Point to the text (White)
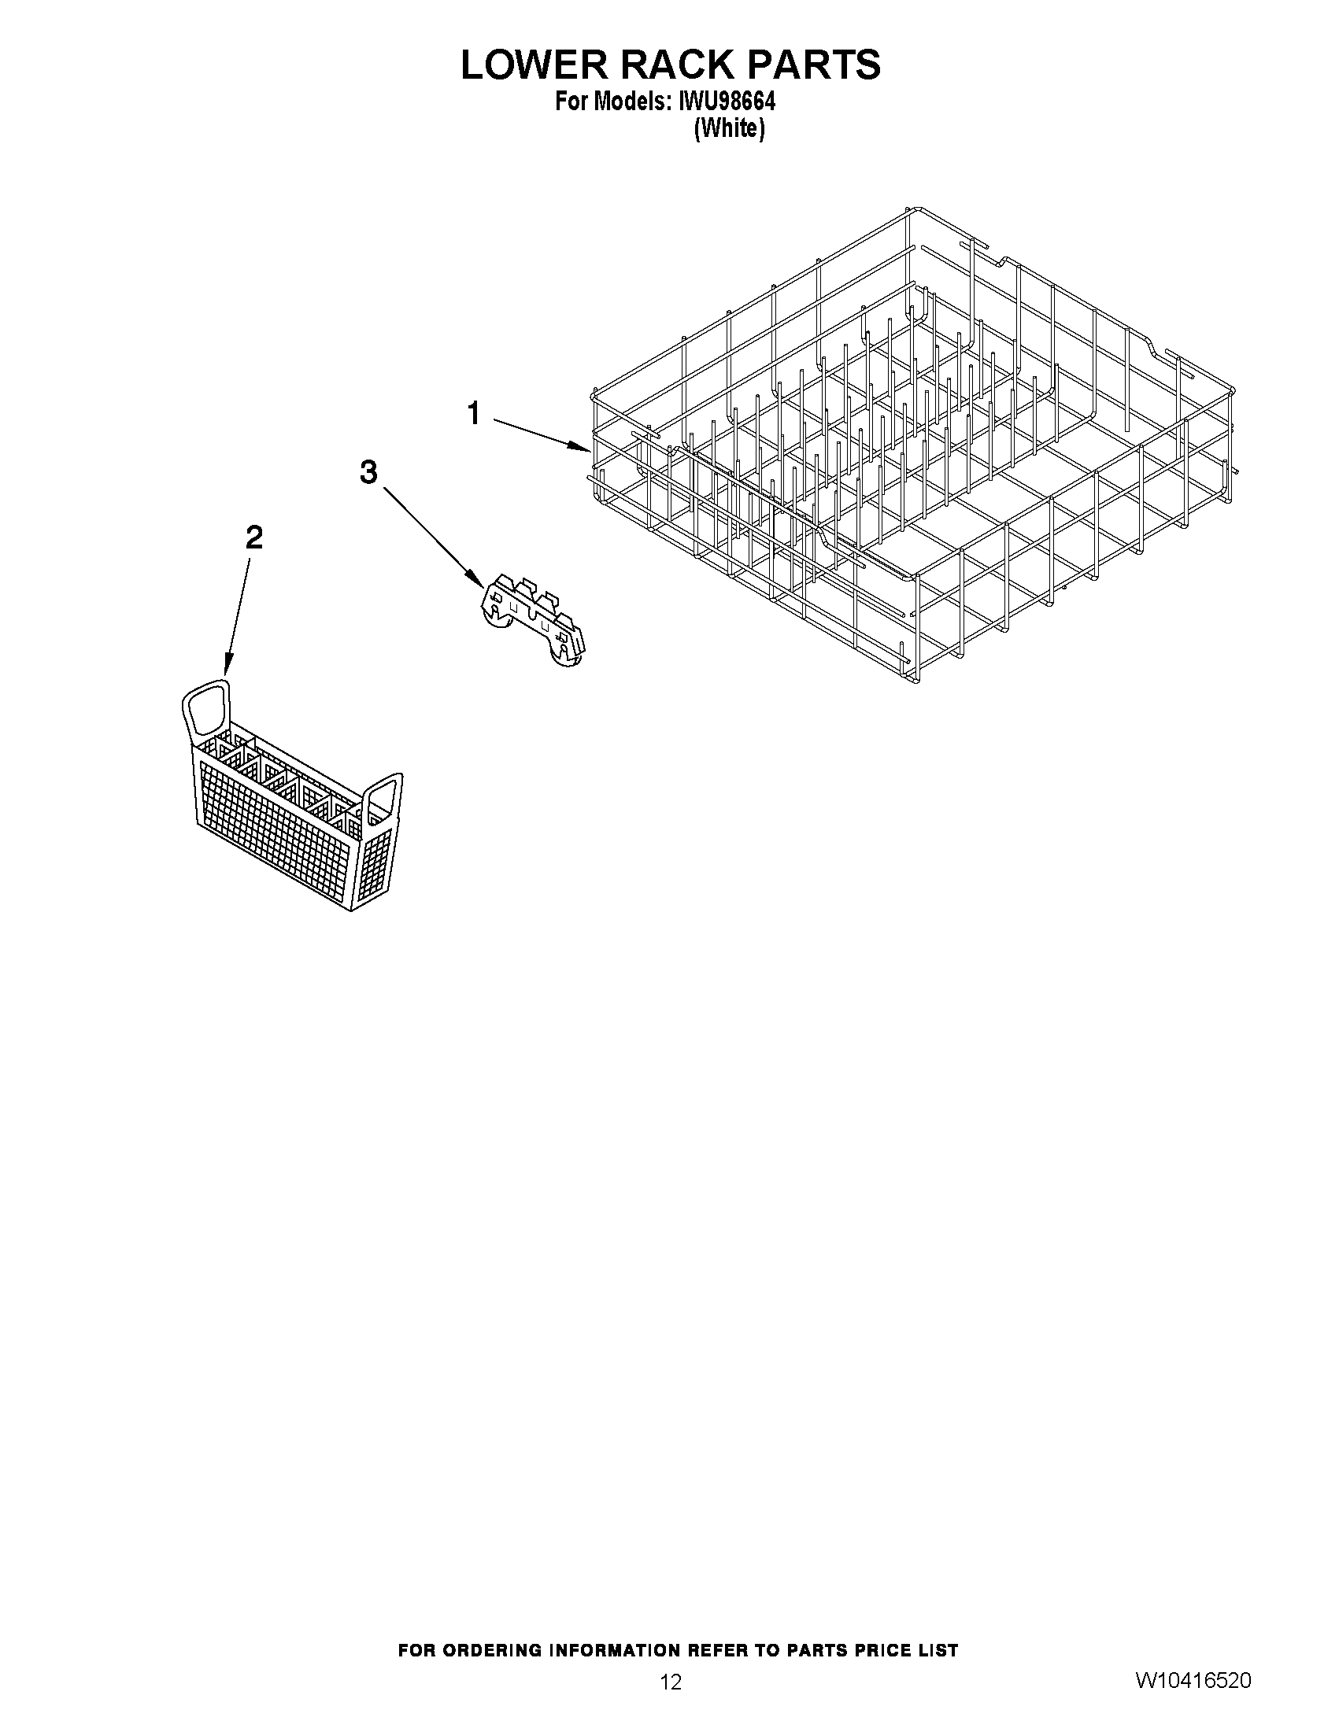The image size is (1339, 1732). pyautogui.click(x=729, y=128)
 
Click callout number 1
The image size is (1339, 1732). pyautogui.click(x=474, y=413)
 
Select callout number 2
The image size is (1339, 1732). pyautogui.click(x=253, y=538)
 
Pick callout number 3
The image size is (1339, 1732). pyautogui.click(x=368, y=473)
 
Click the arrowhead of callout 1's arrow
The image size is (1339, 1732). pyautogui.click(x=584, y=449)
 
